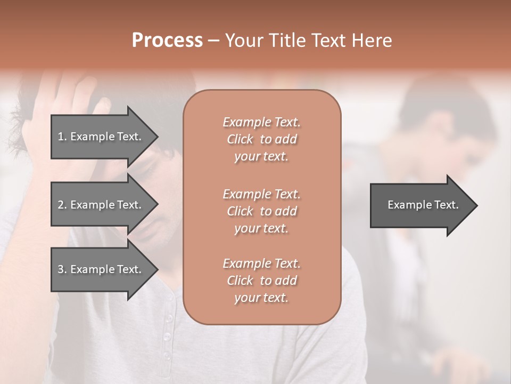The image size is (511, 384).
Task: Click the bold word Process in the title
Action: (x=167, y=41)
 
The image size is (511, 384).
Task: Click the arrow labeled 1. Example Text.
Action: (x=101, y=137)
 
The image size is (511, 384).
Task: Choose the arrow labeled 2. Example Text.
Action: (x=101, y=205)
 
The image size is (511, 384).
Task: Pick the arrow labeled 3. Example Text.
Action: (x=101, y=269)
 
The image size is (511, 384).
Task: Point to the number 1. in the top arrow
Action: (x=62, y=137)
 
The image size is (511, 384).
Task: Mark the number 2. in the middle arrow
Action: (x=62, y=205)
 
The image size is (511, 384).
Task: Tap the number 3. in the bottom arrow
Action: (x=62, y=269)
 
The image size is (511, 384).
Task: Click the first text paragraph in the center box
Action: (x=261, y=139)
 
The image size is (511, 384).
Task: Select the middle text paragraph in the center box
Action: (x=261, y=211)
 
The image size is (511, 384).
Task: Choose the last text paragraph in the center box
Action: (x=261, y=281)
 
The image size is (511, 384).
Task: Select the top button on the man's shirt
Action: (x=169, y=318)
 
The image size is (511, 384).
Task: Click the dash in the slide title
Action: (x=213, y=41)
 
